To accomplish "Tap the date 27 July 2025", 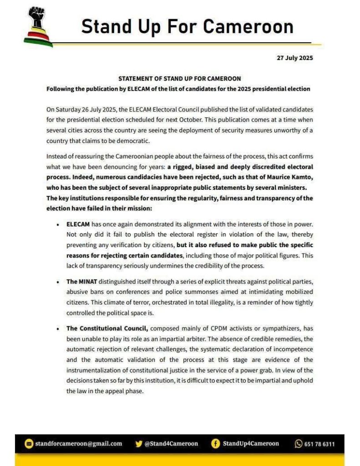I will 295,58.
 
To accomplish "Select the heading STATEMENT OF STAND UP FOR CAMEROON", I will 179,79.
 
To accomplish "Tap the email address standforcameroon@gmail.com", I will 79,443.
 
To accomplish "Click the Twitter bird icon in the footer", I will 139,443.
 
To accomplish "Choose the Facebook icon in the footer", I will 216,443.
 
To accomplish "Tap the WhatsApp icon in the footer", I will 299,443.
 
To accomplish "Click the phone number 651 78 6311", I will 319,443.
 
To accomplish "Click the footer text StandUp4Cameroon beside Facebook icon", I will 251,443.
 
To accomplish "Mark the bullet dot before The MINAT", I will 57,282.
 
